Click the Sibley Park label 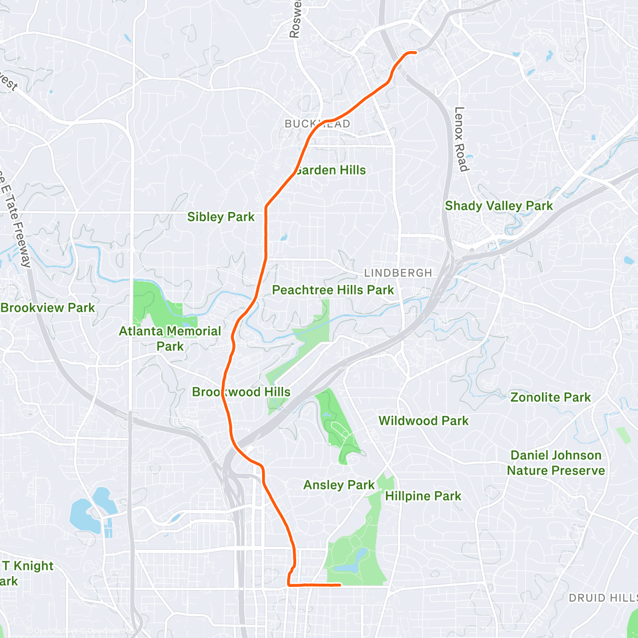[221, 217]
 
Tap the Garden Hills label [331, 170]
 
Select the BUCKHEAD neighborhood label [317, 124]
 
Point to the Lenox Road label [460, 139]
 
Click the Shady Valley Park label [499, 206]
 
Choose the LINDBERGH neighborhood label [398, 273]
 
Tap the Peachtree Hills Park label [333, 290]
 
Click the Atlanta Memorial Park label [170, 338]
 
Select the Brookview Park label [48, 308]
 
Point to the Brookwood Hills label [241, 392]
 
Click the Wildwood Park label [423, 421]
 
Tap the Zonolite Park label [550, 397]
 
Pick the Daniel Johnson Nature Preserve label [556, 463]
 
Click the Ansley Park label [339, 485]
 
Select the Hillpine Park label [423, 496]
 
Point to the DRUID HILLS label [602, 598]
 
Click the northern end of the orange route [415, 52]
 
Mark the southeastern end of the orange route [340, 585]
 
